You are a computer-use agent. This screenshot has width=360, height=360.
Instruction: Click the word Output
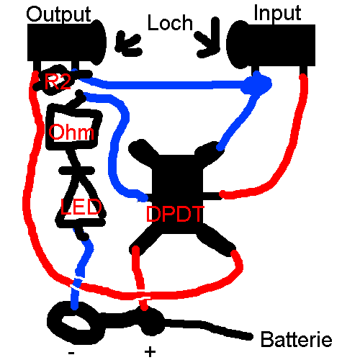58,15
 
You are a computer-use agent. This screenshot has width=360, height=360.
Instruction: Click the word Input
277,13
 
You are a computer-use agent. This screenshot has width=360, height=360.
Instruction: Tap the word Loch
170,22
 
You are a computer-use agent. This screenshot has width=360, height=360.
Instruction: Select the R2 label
58,81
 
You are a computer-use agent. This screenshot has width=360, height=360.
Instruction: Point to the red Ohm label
71,132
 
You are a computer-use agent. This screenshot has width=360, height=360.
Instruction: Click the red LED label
81,207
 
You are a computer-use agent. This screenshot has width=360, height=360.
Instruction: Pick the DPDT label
175,214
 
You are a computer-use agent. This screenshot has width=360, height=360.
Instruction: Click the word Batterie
297,339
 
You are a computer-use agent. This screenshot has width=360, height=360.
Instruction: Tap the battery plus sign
150,352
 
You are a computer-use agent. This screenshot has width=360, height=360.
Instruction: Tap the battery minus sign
71,353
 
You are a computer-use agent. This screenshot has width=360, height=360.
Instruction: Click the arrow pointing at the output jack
128,44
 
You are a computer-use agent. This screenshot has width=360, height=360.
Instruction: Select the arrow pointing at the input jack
208,38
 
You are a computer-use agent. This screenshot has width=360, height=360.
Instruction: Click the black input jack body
271,45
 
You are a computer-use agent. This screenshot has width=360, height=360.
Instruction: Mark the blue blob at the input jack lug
257,83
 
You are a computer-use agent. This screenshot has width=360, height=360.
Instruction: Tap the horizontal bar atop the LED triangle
76,171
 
